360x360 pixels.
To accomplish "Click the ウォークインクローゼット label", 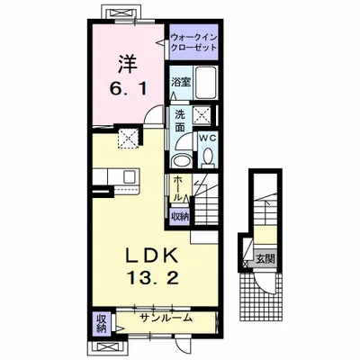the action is [x=193, y=42].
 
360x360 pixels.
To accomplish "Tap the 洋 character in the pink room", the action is [x=128, y=64].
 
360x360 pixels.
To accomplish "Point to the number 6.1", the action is [x=129, y=89].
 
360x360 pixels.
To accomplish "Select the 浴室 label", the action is [x=181, y=82].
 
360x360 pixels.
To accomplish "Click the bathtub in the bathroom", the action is [x=205, y=83].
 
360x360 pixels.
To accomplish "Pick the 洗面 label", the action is [x=180, y=121].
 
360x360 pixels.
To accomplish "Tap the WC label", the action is [x=207, y=138].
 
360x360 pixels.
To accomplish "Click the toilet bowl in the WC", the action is [x=208, y=157].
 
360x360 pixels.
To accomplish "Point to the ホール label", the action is [x=177, y=188].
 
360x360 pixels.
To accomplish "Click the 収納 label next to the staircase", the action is [x=180, y=217].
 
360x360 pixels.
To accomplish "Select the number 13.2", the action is [x=154, y=278].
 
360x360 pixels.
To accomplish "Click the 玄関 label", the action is [x=265, y=258].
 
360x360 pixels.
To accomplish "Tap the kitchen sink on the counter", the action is [x=130, y=176].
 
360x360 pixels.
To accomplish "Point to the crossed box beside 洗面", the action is [x=202, y=114].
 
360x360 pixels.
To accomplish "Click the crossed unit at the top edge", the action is [x=121, y=13].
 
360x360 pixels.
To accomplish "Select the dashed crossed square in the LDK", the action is [x=129, y=139].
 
